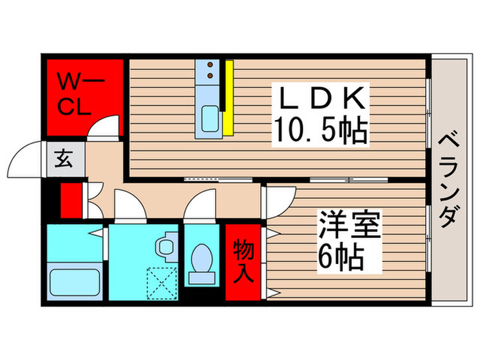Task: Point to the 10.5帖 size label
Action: (x=321, y=130)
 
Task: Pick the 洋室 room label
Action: (x=348, y=226)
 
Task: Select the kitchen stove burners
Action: (x=210, y=68)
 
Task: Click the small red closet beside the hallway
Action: (x=69, y=199)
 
